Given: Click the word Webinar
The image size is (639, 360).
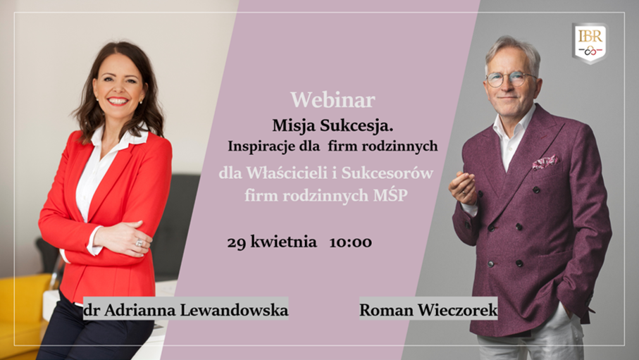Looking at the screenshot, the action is tap(333, 99).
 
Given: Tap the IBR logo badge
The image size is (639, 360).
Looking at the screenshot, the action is tap(590, 43).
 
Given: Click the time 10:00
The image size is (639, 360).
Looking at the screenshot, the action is tap(350, 242).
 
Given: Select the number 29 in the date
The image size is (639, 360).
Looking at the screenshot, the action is tap(236, 242).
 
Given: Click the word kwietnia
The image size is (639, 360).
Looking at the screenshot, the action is tap(283, 242).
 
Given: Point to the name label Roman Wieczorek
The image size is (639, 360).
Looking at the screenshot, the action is tap(428, 310).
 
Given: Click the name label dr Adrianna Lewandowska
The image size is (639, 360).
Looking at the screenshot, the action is tap(186, 310).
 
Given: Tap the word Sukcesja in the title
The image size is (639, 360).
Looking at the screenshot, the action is tap(356, 125).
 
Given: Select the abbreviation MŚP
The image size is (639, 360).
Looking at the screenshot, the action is tap(390, 195).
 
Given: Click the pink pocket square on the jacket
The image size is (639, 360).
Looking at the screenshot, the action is tap(545, 162).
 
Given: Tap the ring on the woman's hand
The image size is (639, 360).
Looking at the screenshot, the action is tap(139, 242).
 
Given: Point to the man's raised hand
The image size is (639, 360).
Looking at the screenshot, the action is tap(463, 187).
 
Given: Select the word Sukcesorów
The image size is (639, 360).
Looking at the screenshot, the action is tap(387, 173).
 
